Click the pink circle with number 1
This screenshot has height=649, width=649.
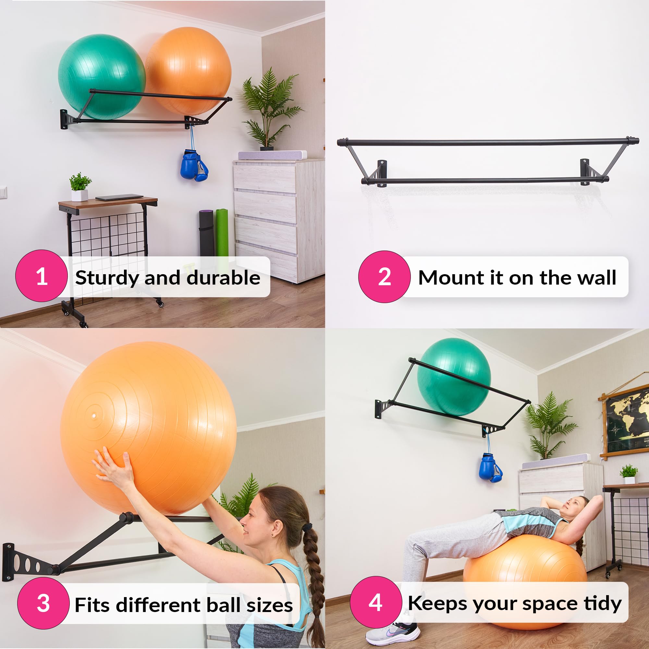point(41,276)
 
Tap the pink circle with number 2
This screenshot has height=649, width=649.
point(384,276)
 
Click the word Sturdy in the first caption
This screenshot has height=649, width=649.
point(107,278)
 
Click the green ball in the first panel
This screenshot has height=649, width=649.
point(101,76)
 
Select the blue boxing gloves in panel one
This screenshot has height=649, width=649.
point(194,166)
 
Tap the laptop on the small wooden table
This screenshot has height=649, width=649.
point(119,197)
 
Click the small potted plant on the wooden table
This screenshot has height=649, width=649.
point(80,187)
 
